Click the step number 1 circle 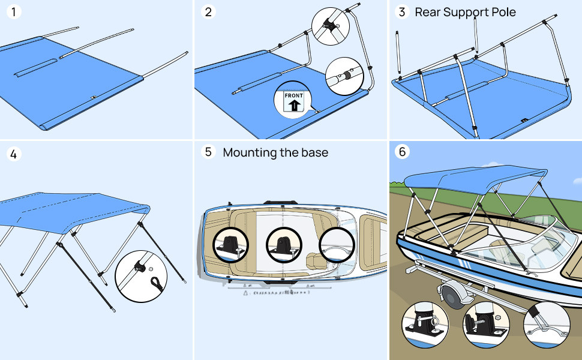click(x=14, y=12)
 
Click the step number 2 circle click(x=208, y=12)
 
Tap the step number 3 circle click(x=403, y=12)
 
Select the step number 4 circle click(x=14, y=154)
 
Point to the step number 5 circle click(x=208, y=152)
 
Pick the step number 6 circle click(x=403, y=152)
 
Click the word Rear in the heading click(x=428, y=12)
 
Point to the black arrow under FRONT click(x=295, y=106)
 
